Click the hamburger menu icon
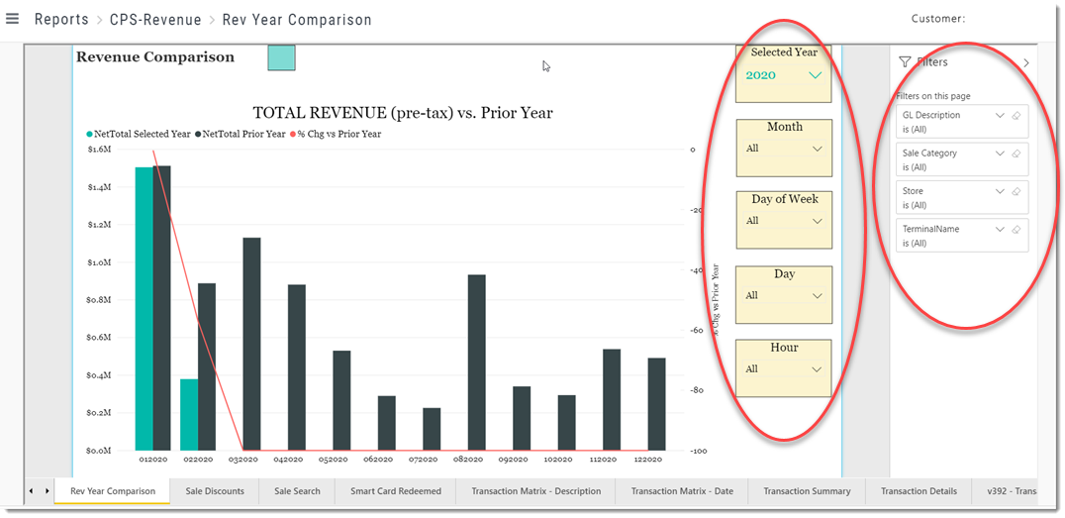12,19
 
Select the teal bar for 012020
144,309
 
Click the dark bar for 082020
477,363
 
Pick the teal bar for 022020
189,415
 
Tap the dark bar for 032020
252,344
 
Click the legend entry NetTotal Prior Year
241,134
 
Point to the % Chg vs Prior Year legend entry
336,134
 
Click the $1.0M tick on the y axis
99,262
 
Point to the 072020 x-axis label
423,460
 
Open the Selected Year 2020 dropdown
784,75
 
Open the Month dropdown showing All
784,149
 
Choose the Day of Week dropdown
784,221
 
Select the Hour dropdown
784,369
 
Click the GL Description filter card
962,122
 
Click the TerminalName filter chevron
999,230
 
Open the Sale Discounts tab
215,491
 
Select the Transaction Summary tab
807,491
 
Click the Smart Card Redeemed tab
395,491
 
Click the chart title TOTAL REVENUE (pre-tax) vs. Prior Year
403,113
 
